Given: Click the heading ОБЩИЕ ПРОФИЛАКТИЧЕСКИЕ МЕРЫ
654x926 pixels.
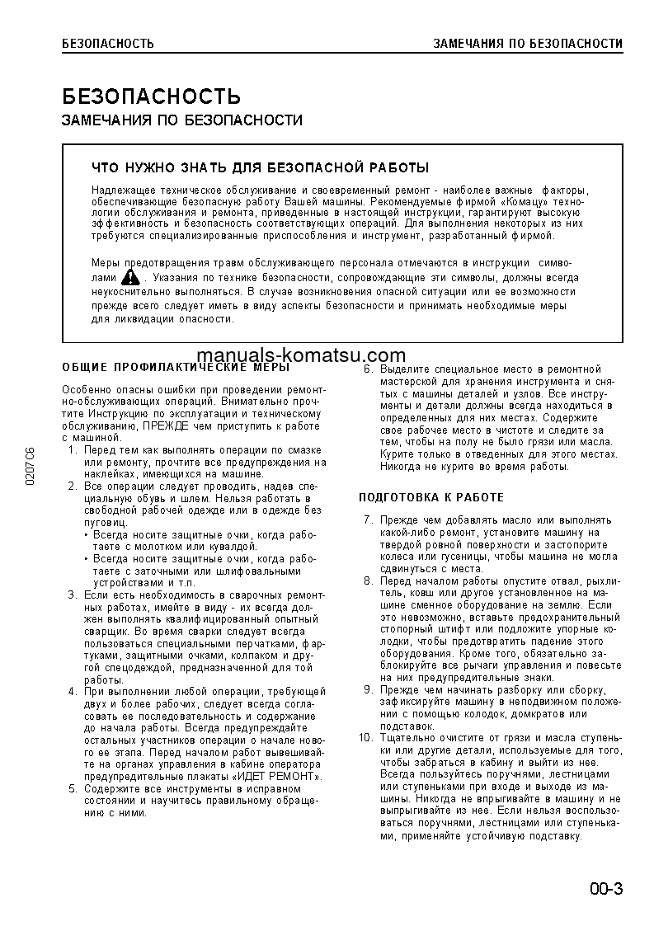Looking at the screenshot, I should point(176,367).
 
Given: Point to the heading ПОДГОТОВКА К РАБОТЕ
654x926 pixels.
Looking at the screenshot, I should point(431,498).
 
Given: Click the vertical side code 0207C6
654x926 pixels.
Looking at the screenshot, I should point(31,467).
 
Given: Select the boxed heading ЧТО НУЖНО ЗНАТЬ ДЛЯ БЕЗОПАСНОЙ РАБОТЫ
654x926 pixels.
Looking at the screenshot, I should point(260,168).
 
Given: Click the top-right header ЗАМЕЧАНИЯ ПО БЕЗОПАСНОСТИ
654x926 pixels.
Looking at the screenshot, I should point(528,43).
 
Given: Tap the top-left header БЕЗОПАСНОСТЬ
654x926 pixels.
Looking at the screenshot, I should point(107,43).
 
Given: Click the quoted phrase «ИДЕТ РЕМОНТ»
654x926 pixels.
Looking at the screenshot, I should point(277,776).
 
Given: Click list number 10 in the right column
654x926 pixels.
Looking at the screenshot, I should point(366,737).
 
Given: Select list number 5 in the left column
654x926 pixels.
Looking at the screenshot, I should point(72,789).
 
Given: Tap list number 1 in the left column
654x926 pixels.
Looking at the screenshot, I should point(72,451).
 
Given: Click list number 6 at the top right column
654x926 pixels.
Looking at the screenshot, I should point(369,369).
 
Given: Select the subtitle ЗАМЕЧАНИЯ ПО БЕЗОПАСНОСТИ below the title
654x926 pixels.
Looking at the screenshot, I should point(181,120).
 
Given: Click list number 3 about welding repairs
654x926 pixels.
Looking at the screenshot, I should point(72,595).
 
